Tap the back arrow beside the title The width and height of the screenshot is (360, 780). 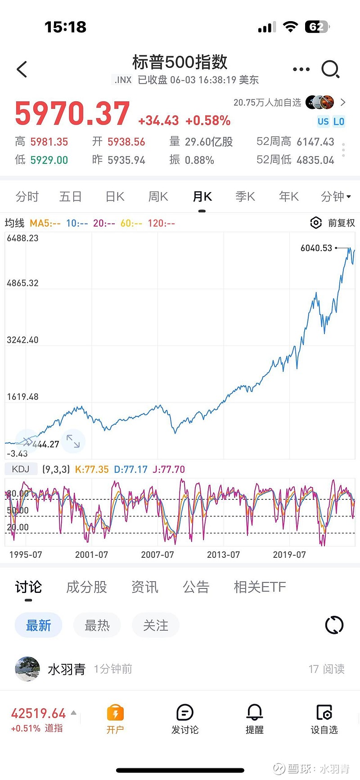click(x=22, y=69)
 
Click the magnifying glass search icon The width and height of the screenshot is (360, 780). click(x=330, y=69)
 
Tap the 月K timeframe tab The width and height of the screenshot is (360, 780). click(x=202, y=197)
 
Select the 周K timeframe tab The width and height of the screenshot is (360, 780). click(x=158, y=197)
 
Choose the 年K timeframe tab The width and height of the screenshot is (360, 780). click(x=288, y=197)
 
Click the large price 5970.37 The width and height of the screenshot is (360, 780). click(x=72, y=113)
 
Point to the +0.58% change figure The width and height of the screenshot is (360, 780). click(x=208, y=121)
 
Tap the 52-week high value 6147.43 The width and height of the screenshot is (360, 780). click(x=315, y=142)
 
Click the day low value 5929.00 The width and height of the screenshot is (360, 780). click(x=49, y=160)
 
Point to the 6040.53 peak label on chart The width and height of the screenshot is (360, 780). click(x=316, y=248)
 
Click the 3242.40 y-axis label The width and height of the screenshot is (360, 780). click(x=22, y=340)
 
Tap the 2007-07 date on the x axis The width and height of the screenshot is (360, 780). click(x=157, y=555)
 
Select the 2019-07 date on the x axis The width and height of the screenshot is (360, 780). click(x=289, y=555)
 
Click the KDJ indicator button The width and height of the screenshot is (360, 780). click(x=21, y=469)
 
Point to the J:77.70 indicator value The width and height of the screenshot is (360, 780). click(x=169, y=469)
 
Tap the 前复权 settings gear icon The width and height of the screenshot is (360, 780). click(x=316, y=223)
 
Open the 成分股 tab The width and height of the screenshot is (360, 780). click(x=86, y=587)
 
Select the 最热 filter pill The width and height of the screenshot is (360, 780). click(x=97, y=625)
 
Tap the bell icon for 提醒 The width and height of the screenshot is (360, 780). click(x=254, y=713)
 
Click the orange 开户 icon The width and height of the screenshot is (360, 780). click(x=115, y=713)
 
